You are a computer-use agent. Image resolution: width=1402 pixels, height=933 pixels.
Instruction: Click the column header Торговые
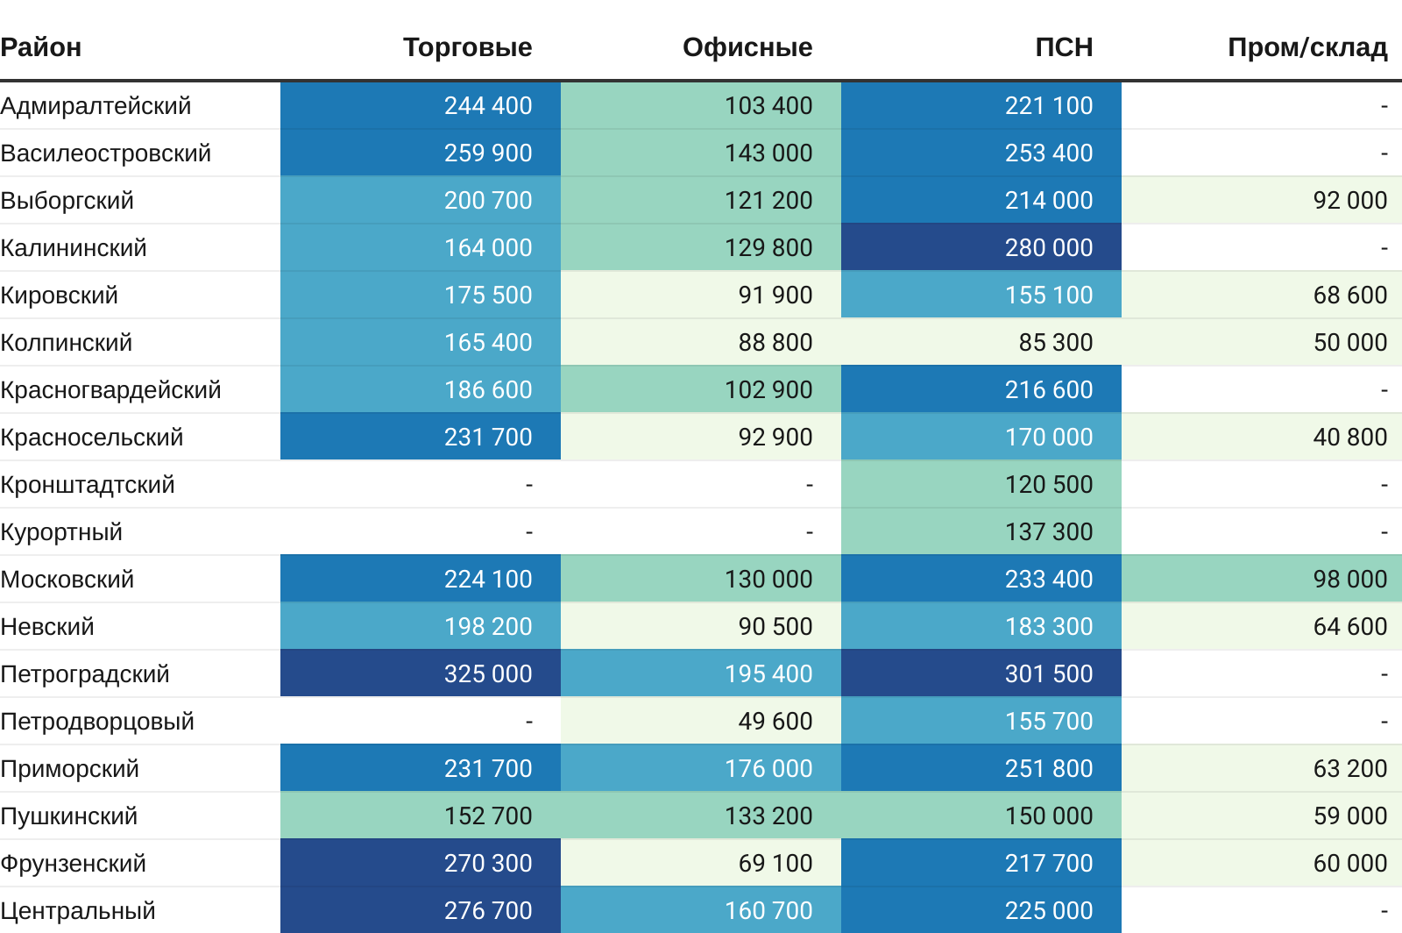467,47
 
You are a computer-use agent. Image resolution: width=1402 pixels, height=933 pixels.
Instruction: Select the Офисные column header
747,47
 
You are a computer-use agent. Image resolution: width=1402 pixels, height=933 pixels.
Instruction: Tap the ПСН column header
1064,47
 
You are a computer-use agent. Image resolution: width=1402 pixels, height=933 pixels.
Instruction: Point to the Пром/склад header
1306,47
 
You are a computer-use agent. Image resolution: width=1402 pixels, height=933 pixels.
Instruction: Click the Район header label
41,47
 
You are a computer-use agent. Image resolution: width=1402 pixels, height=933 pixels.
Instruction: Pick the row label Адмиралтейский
96,106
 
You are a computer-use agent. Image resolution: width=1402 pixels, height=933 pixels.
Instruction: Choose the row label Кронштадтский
88,485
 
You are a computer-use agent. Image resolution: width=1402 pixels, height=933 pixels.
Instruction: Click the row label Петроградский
85,674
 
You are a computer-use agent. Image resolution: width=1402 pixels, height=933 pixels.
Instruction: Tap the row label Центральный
78,911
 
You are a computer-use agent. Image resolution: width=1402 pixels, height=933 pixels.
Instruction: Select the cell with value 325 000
487,674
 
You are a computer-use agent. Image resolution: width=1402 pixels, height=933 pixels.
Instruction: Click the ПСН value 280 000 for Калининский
1048,248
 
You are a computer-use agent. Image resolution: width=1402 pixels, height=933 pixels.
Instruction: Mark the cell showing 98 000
1349,580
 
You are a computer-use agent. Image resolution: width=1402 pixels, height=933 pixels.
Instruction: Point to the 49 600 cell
775,722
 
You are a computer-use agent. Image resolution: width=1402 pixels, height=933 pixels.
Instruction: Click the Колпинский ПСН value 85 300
1055,343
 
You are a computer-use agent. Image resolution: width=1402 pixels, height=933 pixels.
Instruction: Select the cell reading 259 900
487,153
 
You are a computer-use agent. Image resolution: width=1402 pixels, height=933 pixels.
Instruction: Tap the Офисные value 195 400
768,674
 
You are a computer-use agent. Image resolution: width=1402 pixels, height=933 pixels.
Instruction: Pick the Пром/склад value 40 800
1349,438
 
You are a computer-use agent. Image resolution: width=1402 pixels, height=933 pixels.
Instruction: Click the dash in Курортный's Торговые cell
528,532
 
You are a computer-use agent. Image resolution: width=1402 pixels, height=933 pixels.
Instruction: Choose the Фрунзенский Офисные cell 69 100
775,864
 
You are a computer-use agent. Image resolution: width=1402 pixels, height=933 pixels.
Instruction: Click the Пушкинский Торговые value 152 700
487,816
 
